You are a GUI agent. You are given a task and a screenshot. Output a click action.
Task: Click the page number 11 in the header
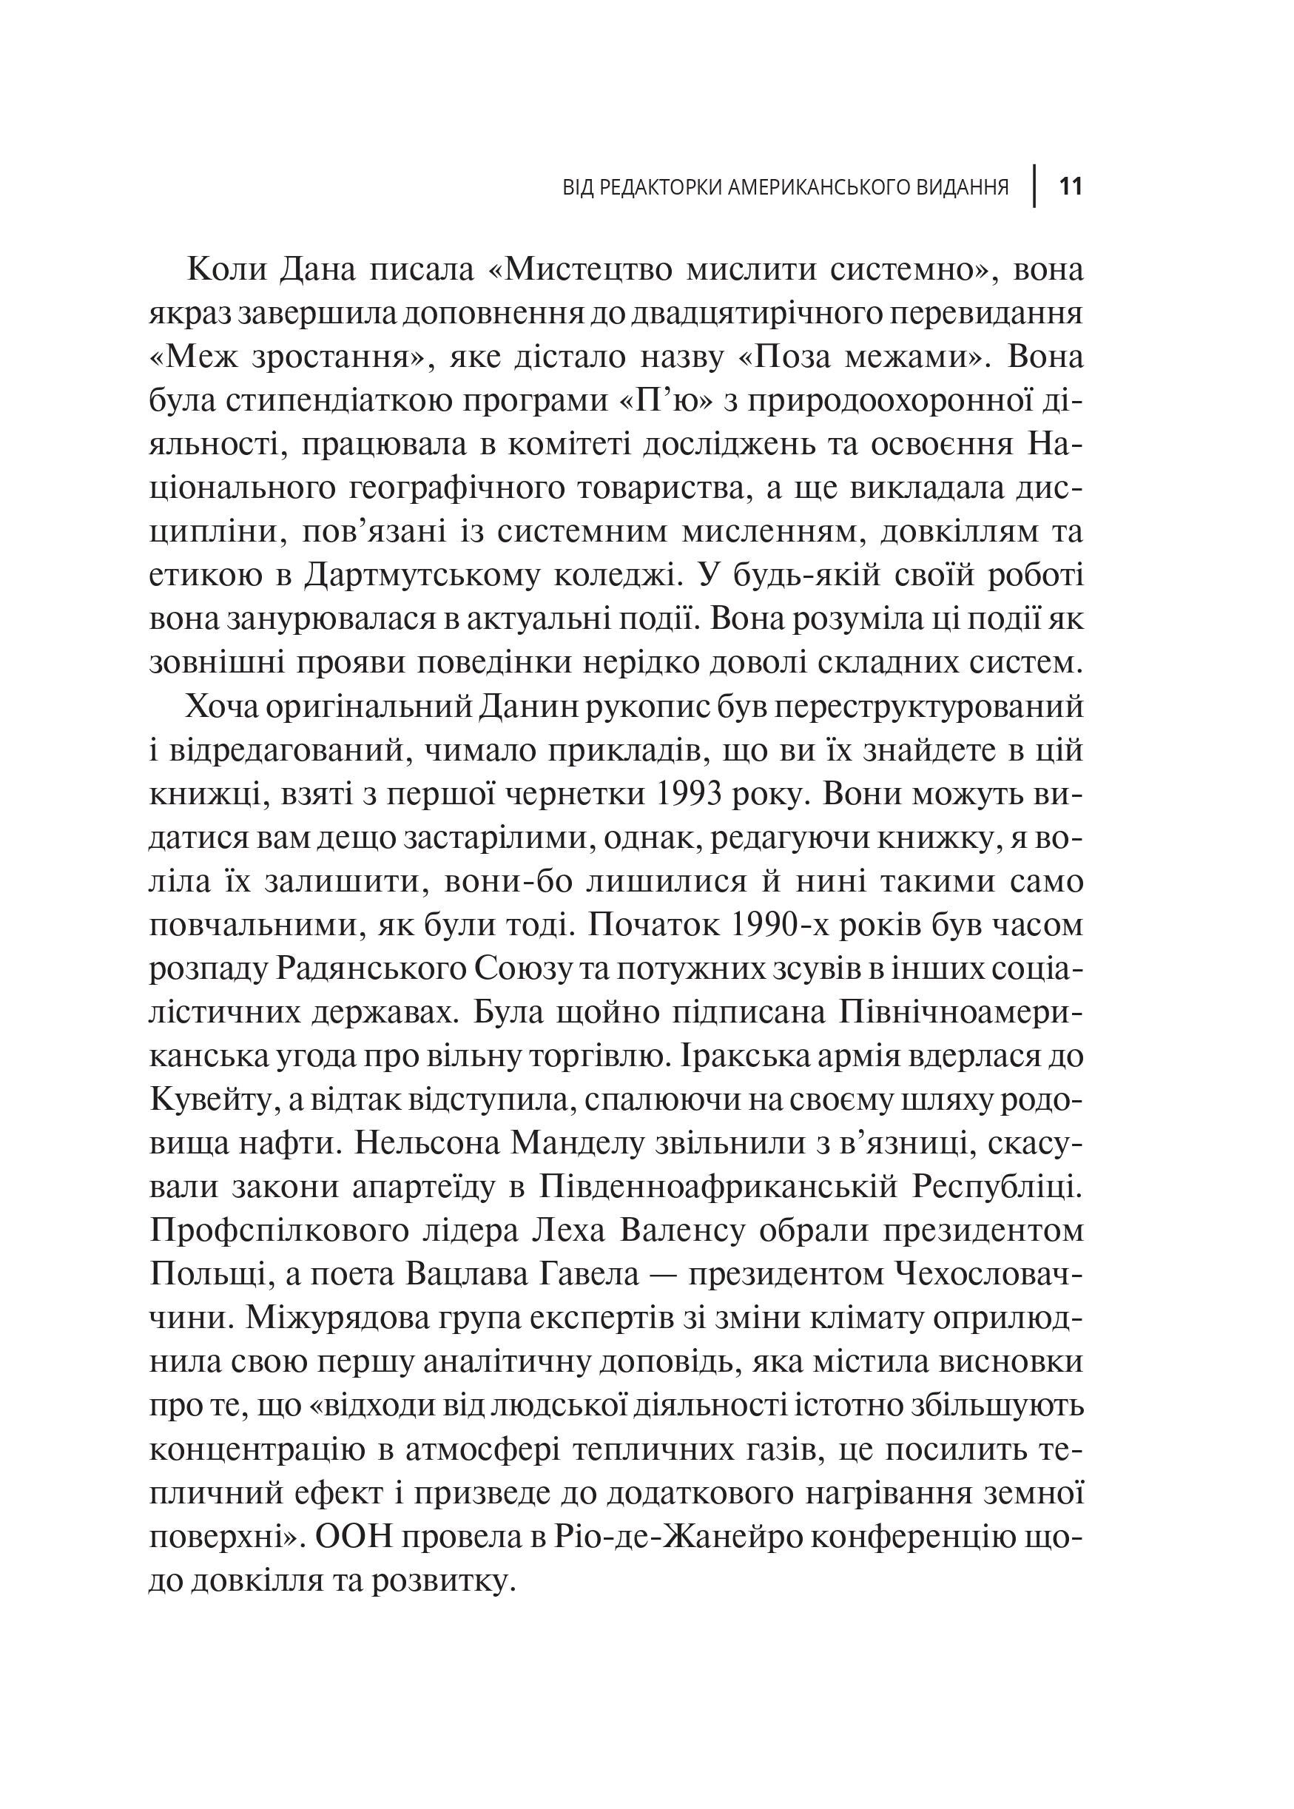coord(1069,186)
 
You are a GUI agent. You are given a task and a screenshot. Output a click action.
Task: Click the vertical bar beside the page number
coord(1035,186)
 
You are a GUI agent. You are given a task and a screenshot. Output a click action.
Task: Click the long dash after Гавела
coord(664,1274)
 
